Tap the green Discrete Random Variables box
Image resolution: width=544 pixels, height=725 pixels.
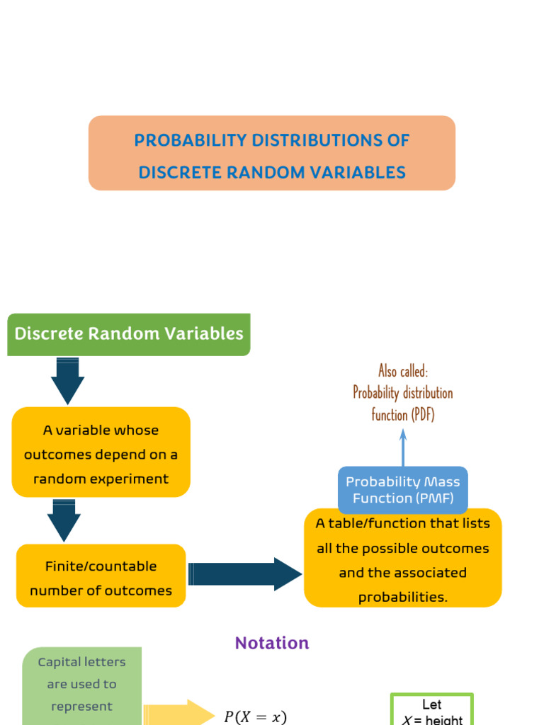tap(129, 334)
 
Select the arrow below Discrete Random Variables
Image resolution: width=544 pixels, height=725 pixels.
tap(67, 380)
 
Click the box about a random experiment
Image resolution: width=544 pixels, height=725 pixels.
tap(101, 454)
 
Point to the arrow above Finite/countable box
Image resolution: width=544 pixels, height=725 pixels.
tap(64, 520)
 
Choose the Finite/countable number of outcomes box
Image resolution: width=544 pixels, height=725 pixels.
tap(101, 578)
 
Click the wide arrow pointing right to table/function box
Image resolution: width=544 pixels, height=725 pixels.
tap(245, 573)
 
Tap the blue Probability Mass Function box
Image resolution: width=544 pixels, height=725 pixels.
tap(402, 489)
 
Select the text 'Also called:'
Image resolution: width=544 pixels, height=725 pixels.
tap(403, 371)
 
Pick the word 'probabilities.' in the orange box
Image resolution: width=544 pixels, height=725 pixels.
tap(402, 597)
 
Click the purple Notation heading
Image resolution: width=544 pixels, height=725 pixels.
tap(272, 643)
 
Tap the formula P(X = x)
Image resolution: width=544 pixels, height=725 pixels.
tap(255, 717)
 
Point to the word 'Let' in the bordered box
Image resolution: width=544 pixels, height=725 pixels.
tap(431, 705)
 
